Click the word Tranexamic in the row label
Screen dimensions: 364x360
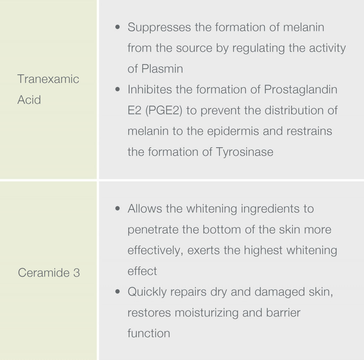(48, 79)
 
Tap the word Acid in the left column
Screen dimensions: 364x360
(29, 100)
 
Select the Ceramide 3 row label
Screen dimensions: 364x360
(49, 272)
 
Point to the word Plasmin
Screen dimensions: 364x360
(162, 69)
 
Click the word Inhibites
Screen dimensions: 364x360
(150, 89)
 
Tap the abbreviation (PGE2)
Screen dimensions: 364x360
(164, 111)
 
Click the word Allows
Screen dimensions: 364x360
(145, 208)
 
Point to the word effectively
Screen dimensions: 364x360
(155, 250)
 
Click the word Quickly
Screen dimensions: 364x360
(147, 292)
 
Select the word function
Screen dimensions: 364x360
(149, 333)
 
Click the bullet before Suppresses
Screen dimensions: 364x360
(118, 27)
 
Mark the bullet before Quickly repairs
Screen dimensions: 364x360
(118, 291)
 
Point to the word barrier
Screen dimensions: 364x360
(283, 312)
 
